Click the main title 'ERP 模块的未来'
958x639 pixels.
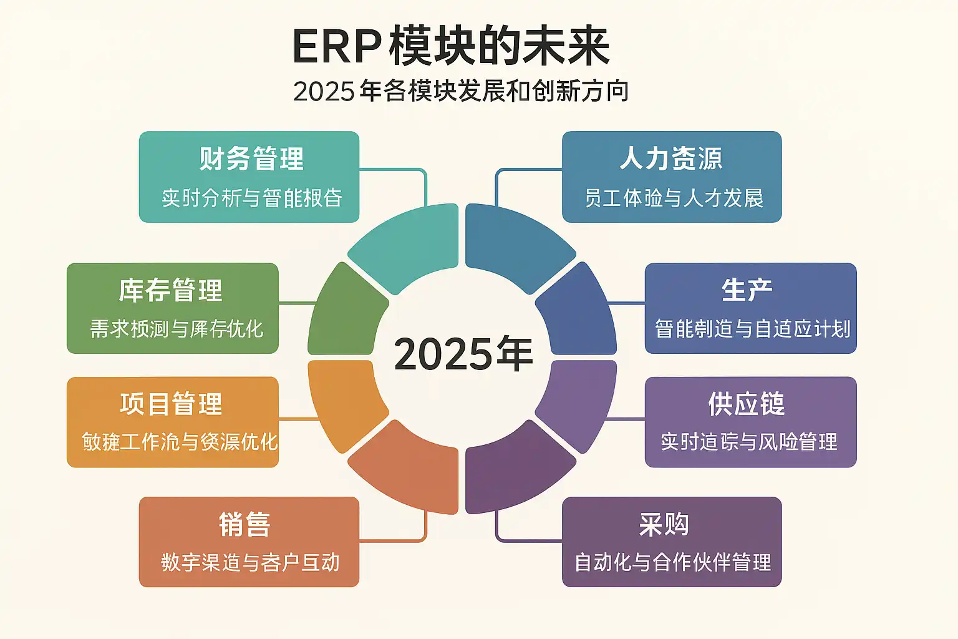coord(450,47)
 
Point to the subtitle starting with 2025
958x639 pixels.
coord(460,91)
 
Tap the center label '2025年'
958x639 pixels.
coord(463,354)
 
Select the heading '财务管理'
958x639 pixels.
coord(251,159)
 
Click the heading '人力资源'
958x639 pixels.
coord(671,159)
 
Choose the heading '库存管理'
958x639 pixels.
coord(171,290)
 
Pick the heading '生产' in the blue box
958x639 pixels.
coord(747,290)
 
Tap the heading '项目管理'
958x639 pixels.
coord(171,404)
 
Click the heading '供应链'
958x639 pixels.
coord(747,404)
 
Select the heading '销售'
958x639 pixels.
coord(244,524)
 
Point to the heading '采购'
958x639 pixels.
coord(664,524)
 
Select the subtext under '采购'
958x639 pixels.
coord(672,562)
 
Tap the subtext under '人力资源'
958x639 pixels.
coord(674,198)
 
